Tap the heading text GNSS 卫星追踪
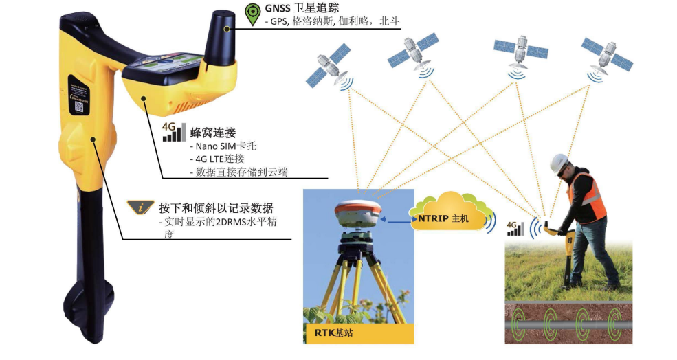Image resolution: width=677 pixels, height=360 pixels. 302,8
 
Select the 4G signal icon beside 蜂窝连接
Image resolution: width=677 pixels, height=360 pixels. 174,132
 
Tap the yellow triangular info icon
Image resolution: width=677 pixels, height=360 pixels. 140,207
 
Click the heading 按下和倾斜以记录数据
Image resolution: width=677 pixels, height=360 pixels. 216,207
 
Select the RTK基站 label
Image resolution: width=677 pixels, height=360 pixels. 333,333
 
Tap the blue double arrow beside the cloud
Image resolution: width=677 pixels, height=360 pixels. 400,221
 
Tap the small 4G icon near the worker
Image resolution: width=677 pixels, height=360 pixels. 515,229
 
